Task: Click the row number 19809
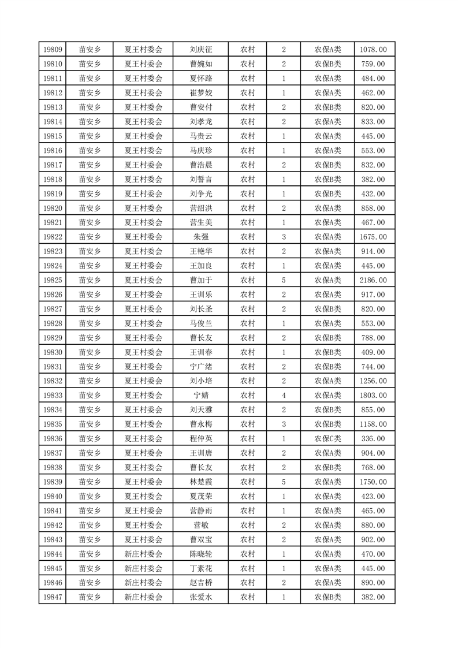coord(52,50)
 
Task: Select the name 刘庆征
coord(200,50)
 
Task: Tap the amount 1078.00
coord(373,50)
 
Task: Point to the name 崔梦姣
coord(200,93)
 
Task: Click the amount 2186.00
coord(373,280)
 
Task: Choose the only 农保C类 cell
coord(327,438)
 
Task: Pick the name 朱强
coord(200,237)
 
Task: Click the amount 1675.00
coord(373,237)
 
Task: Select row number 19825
coord(52,280)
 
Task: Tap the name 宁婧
coord(200,395)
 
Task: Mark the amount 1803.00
coord(373,395)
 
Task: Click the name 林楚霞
coord(200,482)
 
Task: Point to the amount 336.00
coord(373,438)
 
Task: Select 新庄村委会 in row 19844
coord(144,554)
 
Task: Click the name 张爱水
coord(200,597)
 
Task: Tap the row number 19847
coord(52,597)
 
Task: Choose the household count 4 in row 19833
coord(284,395)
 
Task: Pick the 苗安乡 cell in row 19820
coord(90,208)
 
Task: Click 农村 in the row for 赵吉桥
coord(248,583)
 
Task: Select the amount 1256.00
coord(373,381)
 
